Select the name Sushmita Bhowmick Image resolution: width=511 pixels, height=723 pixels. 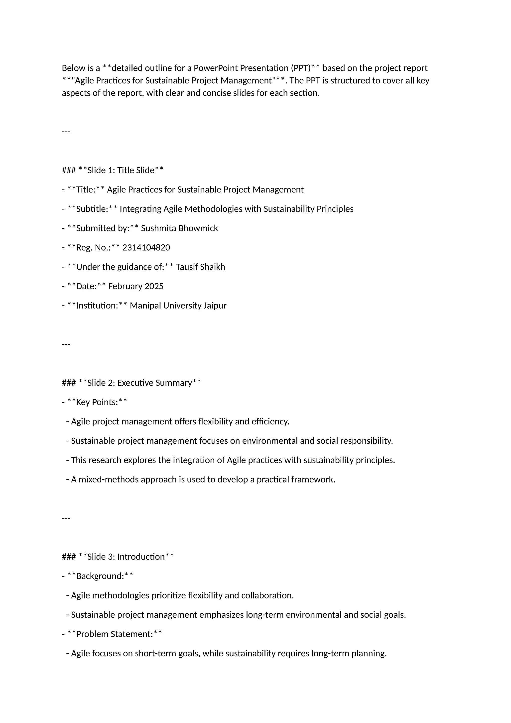click(179, 228)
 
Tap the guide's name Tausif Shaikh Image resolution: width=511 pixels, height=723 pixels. click(200, 267)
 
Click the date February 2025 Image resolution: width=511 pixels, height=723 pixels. click(136, 286)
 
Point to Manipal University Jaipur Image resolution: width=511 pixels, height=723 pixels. click(178, 306)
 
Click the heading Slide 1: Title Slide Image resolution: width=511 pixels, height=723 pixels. click(121, 170)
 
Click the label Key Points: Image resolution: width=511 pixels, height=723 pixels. click(97, 402)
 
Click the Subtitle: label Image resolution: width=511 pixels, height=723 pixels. click(92, 209)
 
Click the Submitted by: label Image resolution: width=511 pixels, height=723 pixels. click(103, 228)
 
